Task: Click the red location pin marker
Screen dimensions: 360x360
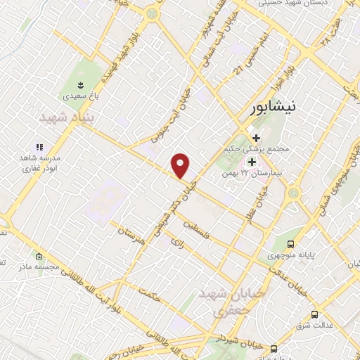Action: pyautogui.click(x=181, y=166)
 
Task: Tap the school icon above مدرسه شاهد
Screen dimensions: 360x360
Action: pyautogui.click(x=39, y=147)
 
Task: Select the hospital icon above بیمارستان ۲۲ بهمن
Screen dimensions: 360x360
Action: pyautogui.click(x=251, y=162)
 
